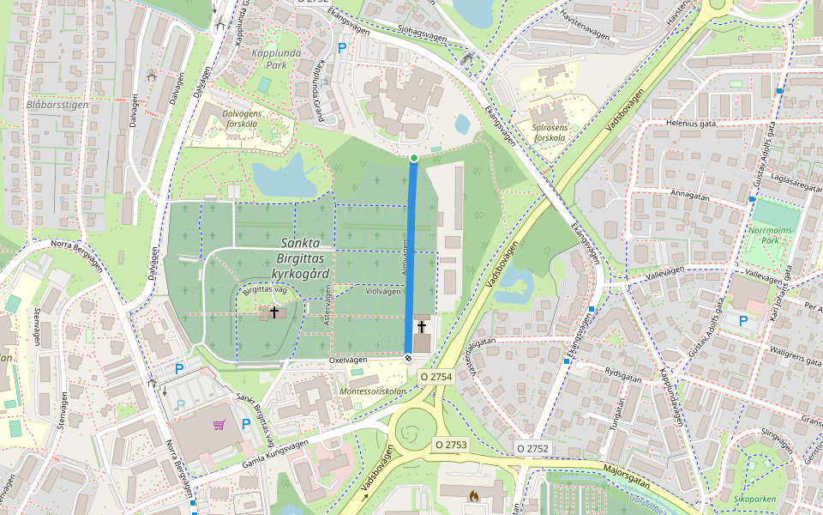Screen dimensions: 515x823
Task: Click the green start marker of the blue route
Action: click(414, 158)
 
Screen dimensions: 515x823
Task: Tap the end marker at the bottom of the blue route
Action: click(408, 359)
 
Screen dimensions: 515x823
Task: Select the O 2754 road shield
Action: click(436, 377)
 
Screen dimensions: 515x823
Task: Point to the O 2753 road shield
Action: click(450, 445)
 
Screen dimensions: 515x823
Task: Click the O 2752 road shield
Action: click(532, 449)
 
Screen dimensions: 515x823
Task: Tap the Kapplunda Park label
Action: click(269, 58)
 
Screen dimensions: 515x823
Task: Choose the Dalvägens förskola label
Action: click(228, 118)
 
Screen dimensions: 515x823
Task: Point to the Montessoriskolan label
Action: click(373, 391)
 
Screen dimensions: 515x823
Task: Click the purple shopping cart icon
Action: click(219, 424)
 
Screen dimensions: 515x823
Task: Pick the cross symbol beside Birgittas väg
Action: click(274, 312)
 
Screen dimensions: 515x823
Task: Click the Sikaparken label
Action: click(754, 498)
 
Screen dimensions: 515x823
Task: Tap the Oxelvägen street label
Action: click(348, 360)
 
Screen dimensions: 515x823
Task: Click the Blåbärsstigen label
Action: click(57, 105)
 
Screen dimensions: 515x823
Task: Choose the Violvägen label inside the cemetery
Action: click(383, 292)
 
